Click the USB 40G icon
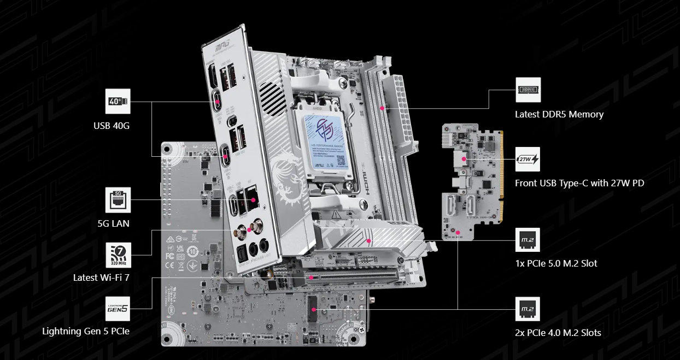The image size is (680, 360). (118, 102)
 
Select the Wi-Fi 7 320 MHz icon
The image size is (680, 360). (118, 255)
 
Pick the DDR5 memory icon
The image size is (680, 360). (527, 90)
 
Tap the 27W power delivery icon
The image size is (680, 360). (527, 159)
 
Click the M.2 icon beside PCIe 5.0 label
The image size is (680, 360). (527, 240)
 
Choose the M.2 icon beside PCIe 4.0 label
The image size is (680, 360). (527, 309)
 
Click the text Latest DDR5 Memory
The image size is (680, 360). (559, 115)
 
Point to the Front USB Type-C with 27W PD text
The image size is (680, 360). (579, 184)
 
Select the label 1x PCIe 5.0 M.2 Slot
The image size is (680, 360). (556, 264)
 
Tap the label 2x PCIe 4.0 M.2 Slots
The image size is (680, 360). (558, 333)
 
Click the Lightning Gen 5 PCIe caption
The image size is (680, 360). (86, 331)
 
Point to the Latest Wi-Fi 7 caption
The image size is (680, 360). (102, 278)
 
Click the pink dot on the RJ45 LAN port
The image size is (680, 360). (253, 200)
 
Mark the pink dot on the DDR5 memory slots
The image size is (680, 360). (383, 108)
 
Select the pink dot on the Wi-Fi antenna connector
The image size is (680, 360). (250, 230)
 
